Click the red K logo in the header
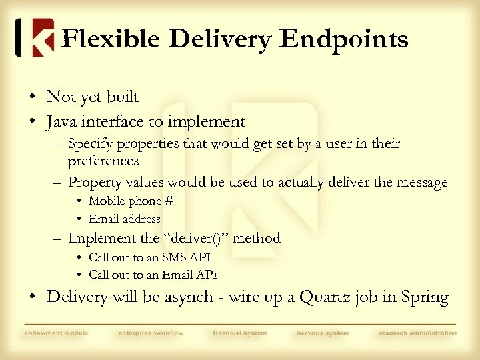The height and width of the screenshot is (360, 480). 35,37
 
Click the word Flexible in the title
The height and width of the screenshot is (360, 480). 111,39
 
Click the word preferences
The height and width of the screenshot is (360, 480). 103,161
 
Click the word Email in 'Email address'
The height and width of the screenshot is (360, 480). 104,219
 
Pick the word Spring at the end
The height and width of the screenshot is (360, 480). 425,297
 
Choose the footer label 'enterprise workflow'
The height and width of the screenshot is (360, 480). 151,333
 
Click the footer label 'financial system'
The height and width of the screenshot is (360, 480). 240,333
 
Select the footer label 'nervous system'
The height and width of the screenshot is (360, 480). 322,333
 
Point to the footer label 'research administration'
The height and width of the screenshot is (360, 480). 417,333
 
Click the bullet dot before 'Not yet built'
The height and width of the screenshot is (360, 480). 32,97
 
